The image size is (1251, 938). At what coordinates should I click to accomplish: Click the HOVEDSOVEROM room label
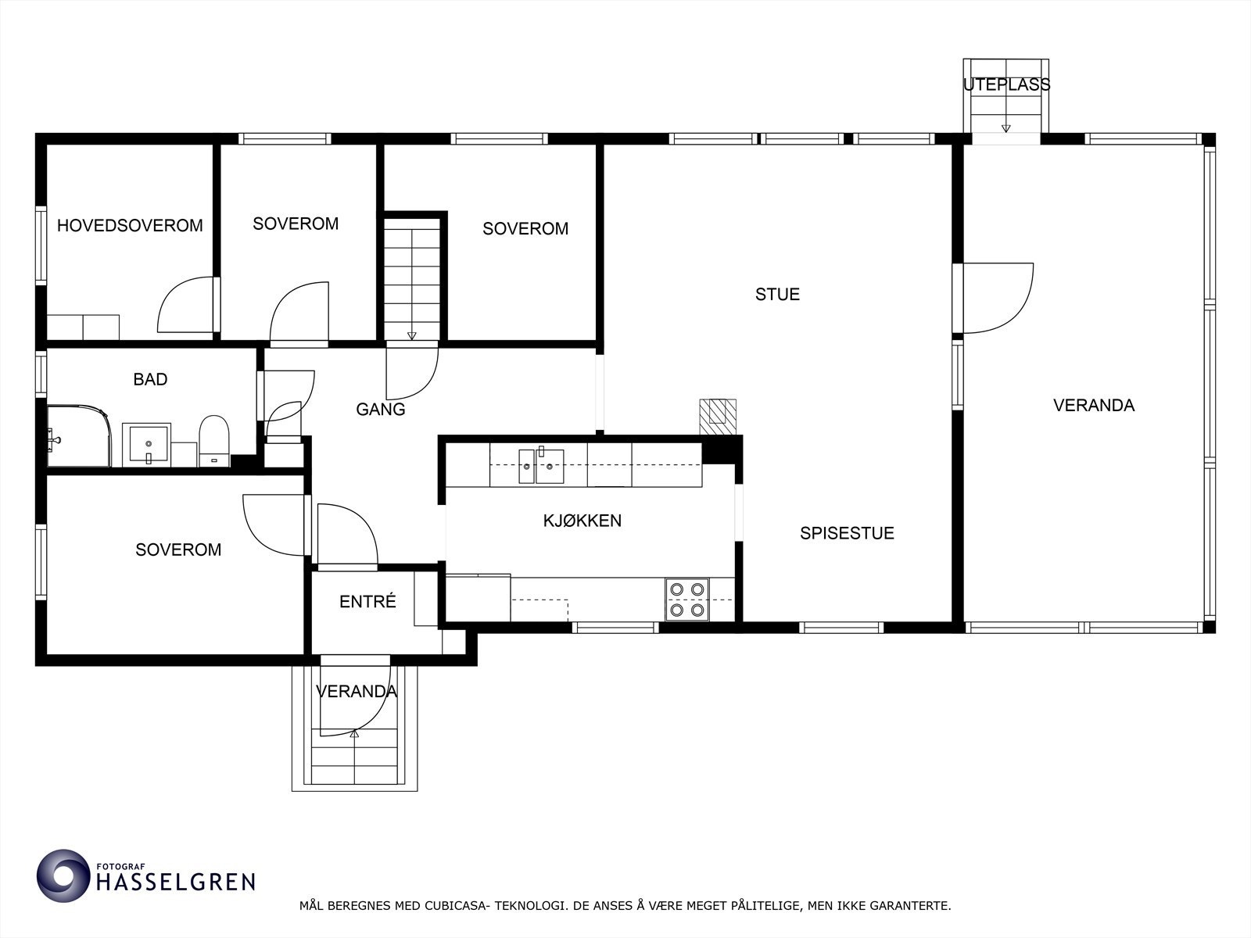(x=130, y=226)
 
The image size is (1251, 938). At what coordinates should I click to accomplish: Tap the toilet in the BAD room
(x=213, y=442)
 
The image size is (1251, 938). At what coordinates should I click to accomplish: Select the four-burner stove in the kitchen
(x=687, y=600)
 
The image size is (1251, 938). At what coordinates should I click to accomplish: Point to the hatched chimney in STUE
(x=718, y=416)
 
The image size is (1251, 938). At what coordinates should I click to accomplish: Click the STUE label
(x=777, y=295)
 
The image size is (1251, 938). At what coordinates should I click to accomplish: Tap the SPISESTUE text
(x=847, y=533)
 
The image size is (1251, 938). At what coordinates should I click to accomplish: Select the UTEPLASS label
(x=1006, y=84)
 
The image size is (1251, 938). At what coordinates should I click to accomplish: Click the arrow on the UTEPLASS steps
(x=1005, y=127)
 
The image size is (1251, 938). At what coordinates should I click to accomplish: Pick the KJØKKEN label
(x=582, y=521)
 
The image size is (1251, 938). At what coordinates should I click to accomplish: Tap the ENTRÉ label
(x=367, y=602)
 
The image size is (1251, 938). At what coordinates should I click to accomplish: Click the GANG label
(x=381, y=409)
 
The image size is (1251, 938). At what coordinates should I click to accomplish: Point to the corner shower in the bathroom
(x=77, y=435)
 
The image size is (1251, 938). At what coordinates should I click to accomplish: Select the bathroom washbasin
(x=147, y=445)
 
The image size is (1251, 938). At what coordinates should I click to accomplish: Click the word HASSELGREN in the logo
(x=175, y=883)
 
